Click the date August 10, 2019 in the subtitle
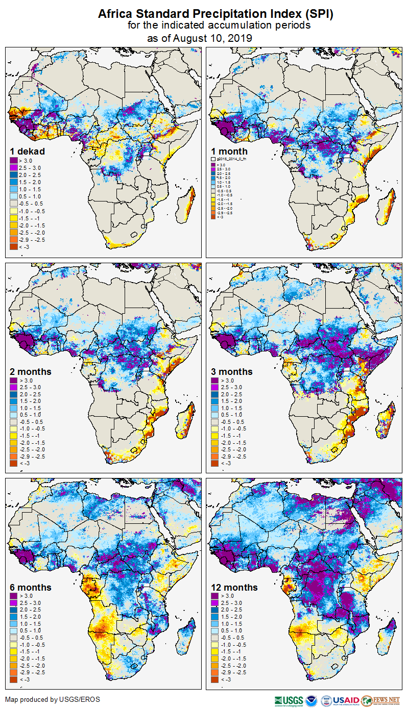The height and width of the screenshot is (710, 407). [x=213, y=38]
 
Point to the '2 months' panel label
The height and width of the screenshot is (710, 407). [x=31, y=372]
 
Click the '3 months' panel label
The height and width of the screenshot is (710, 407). [x=232, y=372]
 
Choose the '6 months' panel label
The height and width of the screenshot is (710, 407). [x=31, y=587]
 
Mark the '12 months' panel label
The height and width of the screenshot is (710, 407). [x=234, y=587]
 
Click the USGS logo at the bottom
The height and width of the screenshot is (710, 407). [x=289, y=700]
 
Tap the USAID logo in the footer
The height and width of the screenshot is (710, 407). [x=345, y=700]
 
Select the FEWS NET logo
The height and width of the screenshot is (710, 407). [x=380, y=700]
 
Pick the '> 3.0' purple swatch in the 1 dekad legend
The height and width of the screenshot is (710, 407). [x=13, y=161]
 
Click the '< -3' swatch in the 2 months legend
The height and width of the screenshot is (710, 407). [x=13, y=463]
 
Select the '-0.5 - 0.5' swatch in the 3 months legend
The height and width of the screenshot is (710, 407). [x=215, y=422]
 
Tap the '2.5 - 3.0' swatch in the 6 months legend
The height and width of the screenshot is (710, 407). [x=13, y=603]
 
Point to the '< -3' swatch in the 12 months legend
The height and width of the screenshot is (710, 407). [x=215, y=679]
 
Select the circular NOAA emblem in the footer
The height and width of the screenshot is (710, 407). [x=312, y=700]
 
